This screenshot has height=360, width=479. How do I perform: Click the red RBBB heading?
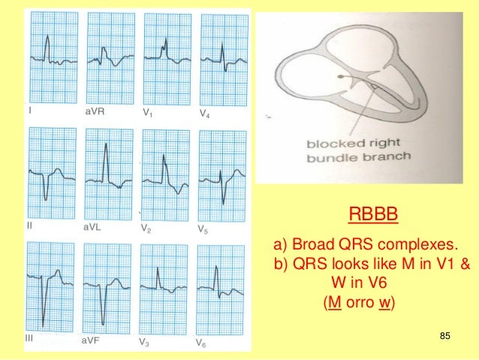[373, 217]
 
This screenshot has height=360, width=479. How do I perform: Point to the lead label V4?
[205, 113]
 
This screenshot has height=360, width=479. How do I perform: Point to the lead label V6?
[202, 343]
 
